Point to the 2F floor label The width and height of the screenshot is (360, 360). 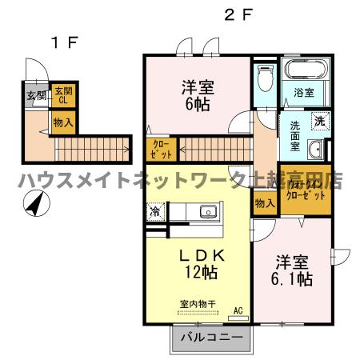coord(238,14)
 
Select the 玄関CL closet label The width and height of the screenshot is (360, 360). coord(62,96)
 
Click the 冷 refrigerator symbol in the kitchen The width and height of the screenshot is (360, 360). coord(154,214)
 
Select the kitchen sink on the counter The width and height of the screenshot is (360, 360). coord(207,213)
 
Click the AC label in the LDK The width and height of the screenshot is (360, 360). coord(238,310)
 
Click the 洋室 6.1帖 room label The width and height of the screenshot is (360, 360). coord(294,270)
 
